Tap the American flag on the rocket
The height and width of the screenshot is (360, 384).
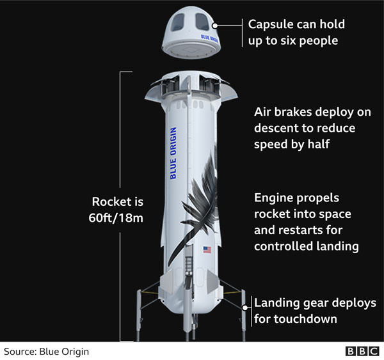click(x=207, y=250)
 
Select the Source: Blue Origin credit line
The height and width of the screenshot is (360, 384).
click(x=46, y=351)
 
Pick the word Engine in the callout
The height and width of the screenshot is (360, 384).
click(x=273, y=198)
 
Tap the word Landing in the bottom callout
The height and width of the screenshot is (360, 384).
click(x=277, y=303)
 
